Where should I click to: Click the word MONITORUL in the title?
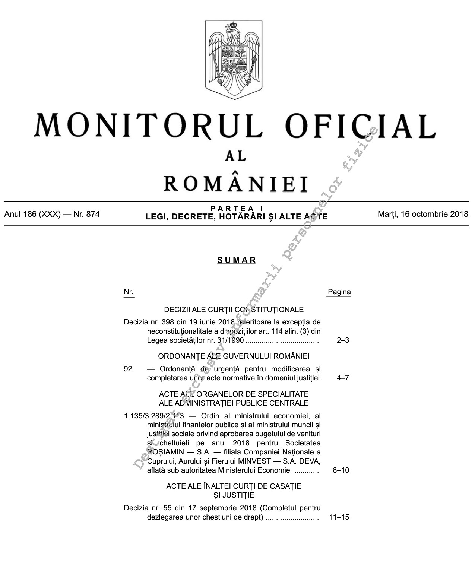click(x=148, y=126)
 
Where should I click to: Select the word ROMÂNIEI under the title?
click(x=236, y=183)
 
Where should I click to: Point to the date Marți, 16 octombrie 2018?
click(x=422, y=214)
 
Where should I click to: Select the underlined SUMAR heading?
click(x=237, y=260)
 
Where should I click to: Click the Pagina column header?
click(x=339, y=292)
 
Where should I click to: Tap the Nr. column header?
click(x=129, y=292)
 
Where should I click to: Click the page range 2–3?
click(x=343, y=340)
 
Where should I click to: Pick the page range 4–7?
click(x=343, y=378)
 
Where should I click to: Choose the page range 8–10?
click(x=341, y=470)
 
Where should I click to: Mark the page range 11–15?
click(x=339, y=517)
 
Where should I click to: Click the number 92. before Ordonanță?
click(x=129, y=369)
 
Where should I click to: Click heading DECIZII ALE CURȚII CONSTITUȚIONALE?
click(x=234, y=310)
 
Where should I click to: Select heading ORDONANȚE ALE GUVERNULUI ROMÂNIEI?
click(x=234, y=356)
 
